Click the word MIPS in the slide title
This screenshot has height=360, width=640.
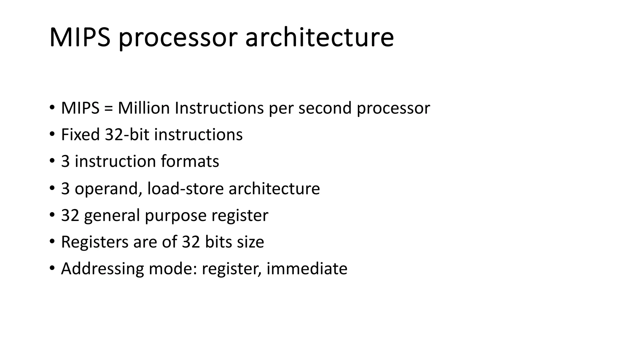80,37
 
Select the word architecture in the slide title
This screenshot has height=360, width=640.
319,37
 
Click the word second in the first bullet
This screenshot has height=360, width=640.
325,108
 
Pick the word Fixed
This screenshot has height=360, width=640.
80,135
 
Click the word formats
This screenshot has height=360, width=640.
190,162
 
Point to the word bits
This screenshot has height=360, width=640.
218,242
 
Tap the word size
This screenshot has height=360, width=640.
250,242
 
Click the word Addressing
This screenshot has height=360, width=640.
102,269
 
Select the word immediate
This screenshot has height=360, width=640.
307,269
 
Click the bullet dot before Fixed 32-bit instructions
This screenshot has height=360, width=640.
52,135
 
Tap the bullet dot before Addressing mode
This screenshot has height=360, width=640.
52,268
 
